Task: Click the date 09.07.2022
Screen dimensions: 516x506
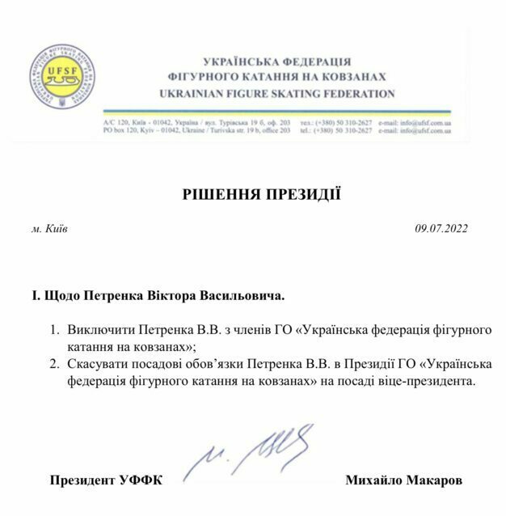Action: [442, 229]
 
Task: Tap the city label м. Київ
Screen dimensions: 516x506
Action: [49, 229]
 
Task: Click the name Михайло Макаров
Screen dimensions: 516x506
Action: [403, 480]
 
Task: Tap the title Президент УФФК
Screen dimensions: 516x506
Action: [106, 480]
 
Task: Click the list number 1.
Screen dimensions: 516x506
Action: [55, 332]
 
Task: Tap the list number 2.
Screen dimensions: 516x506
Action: [55, 364]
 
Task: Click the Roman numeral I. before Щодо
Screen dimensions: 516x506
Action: [35, 296]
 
